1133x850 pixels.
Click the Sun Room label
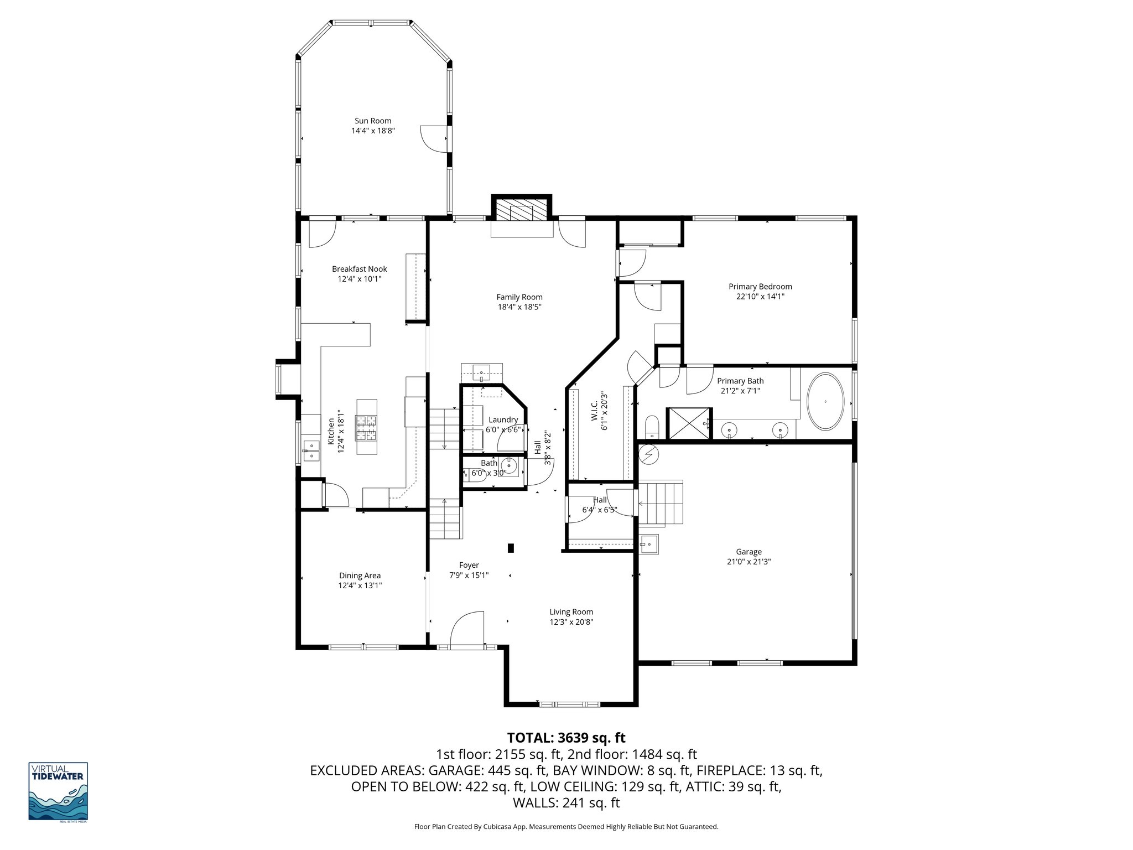coord(372,121)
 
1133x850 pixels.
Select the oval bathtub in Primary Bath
coord(825,402)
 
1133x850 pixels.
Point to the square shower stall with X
coord(689,424)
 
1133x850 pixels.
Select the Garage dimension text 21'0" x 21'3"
coord(749,562)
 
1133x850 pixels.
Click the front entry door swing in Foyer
coord(467,628)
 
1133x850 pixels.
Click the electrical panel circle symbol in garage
coord(649,454)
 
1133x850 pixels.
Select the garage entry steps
coord(662,503)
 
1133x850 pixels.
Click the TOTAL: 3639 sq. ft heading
coord(566,738)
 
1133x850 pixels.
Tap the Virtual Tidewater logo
coord(58,792)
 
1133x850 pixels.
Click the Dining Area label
coord(360,576)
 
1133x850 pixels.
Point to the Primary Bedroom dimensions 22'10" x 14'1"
coord(760,297)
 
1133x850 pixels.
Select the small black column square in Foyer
coord(511,548)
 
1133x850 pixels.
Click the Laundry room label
coord(503,419)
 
